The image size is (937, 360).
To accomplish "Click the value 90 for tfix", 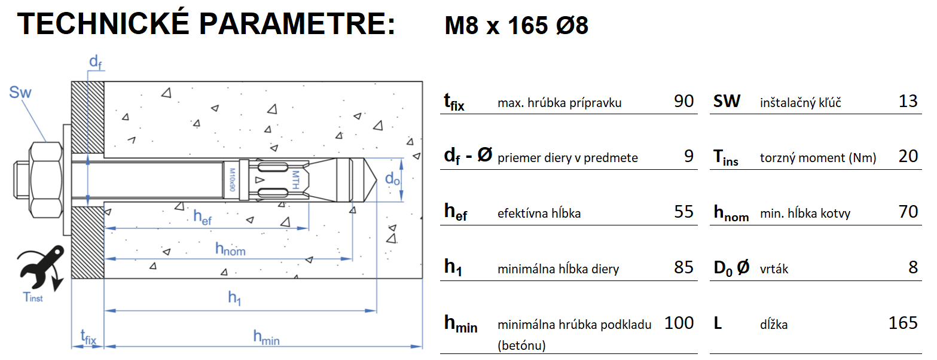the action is pos(683,101).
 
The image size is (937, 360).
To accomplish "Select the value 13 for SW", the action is pos(908,101).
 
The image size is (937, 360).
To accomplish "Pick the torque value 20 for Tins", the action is pos(908,156).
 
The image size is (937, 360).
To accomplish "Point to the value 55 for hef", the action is pos(683,212).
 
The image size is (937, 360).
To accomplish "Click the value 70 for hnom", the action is pos(908,212).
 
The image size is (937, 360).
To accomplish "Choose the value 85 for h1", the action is pos(683,267).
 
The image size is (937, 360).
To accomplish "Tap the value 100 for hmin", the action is pos(679,323).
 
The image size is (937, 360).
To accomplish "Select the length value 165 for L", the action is pos(903,323).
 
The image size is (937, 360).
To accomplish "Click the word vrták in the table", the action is pos(774,269).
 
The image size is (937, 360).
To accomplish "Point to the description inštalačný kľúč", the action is pos(801,103).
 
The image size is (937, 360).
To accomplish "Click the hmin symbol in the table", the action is pos(460,324).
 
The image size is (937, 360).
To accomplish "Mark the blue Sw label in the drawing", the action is pos(20,93).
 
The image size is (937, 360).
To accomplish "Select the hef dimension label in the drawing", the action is pos(203,217).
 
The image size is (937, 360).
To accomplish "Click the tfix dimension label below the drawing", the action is pos(88,338).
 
